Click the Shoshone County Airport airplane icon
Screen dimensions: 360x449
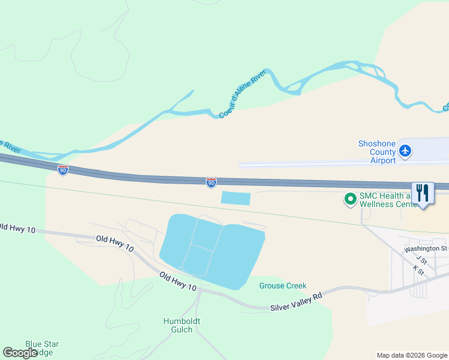pos(406,151)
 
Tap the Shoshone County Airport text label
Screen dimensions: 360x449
pos(377,152)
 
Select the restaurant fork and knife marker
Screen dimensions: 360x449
pos(423,193)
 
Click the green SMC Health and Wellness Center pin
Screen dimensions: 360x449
pos(349,198)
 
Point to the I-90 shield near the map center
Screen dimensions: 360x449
pos(211,182)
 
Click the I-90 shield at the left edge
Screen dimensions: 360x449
pos(63,170)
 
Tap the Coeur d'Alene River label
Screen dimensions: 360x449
pos(242,94)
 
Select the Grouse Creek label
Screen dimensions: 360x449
pos(283,286)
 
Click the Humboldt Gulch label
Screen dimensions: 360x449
pos(181,325)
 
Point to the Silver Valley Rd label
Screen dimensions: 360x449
pos(297,302)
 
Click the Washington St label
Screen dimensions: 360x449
pos(426,248)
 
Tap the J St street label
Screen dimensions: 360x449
pos(422,260)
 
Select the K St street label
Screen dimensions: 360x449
pos(418,271)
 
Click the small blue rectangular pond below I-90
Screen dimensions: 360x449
pos(235,198)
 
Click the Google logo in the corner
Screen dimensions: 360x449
pos(20,353)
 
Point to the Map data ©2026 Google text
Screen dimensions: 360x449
pos(412,355)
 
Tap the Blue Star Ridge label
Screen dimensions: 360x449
pos(42,348)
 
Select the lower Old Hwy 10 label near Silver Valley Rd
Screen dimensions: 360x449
pos(178,281)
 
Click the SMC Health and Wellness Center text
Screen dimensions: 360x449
pos(388,200)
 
